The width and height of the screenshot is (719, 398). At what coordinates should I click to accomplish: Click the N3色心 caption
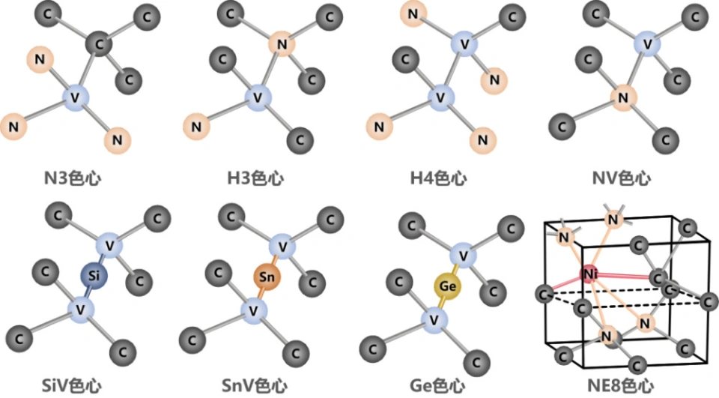pyautogui.click(x=73, y=178)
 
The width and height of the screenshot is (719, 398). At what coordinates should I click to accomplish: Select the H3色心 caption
pyautogui.click(x=255, y=178)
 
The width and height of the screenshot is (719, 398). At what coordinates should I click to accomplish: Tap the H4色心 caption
pyautogui.click(x=438, y=178)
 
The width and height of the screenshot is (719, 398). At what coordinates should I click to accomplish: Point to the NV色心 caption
pyautogui.click(x=622, y=178)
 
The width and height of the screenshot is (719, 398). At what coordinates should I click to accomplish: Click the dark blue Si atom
pyautogui.click(x=94, y=276)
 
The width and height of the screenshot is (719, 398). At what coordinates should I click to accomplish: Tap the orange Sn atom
pyautogui.click(x=267, y=277)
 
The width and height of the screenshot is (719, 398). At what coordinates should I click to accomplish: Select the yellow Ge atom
pyautogui.click(x=448, y=286)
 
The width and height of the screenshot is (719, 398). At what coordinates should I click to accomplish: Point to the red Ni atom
pyautogui.click(x=590, y=274)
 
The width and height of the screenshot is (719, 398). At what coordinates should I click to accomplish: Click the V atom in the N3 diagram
pyautogui.click(x=75, y=97)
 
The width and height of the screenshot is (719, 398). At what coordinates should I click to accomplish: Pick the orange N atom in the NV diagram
pyautogui.click(x=622, y=97)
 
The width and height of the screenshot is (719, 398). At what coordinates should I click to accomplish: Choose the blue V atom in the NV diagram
pyautogui.click(x=647, y=44)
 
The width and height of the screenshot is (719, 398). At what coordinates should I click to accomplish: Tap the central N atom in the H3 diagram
pyautogui.click(x=282, y=44)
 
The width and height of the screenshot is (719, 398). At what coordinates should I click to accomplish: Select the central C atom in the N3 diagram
pyautogui.click(x=99, y=44)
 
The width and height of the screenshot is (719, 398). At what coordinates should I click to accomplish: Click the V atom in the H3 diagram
pyautogui.click(x=258, y=97)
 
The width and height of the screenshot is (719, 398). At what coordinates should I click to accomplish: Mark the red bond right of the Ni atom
pyautogui.click(x=625, y=276)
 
